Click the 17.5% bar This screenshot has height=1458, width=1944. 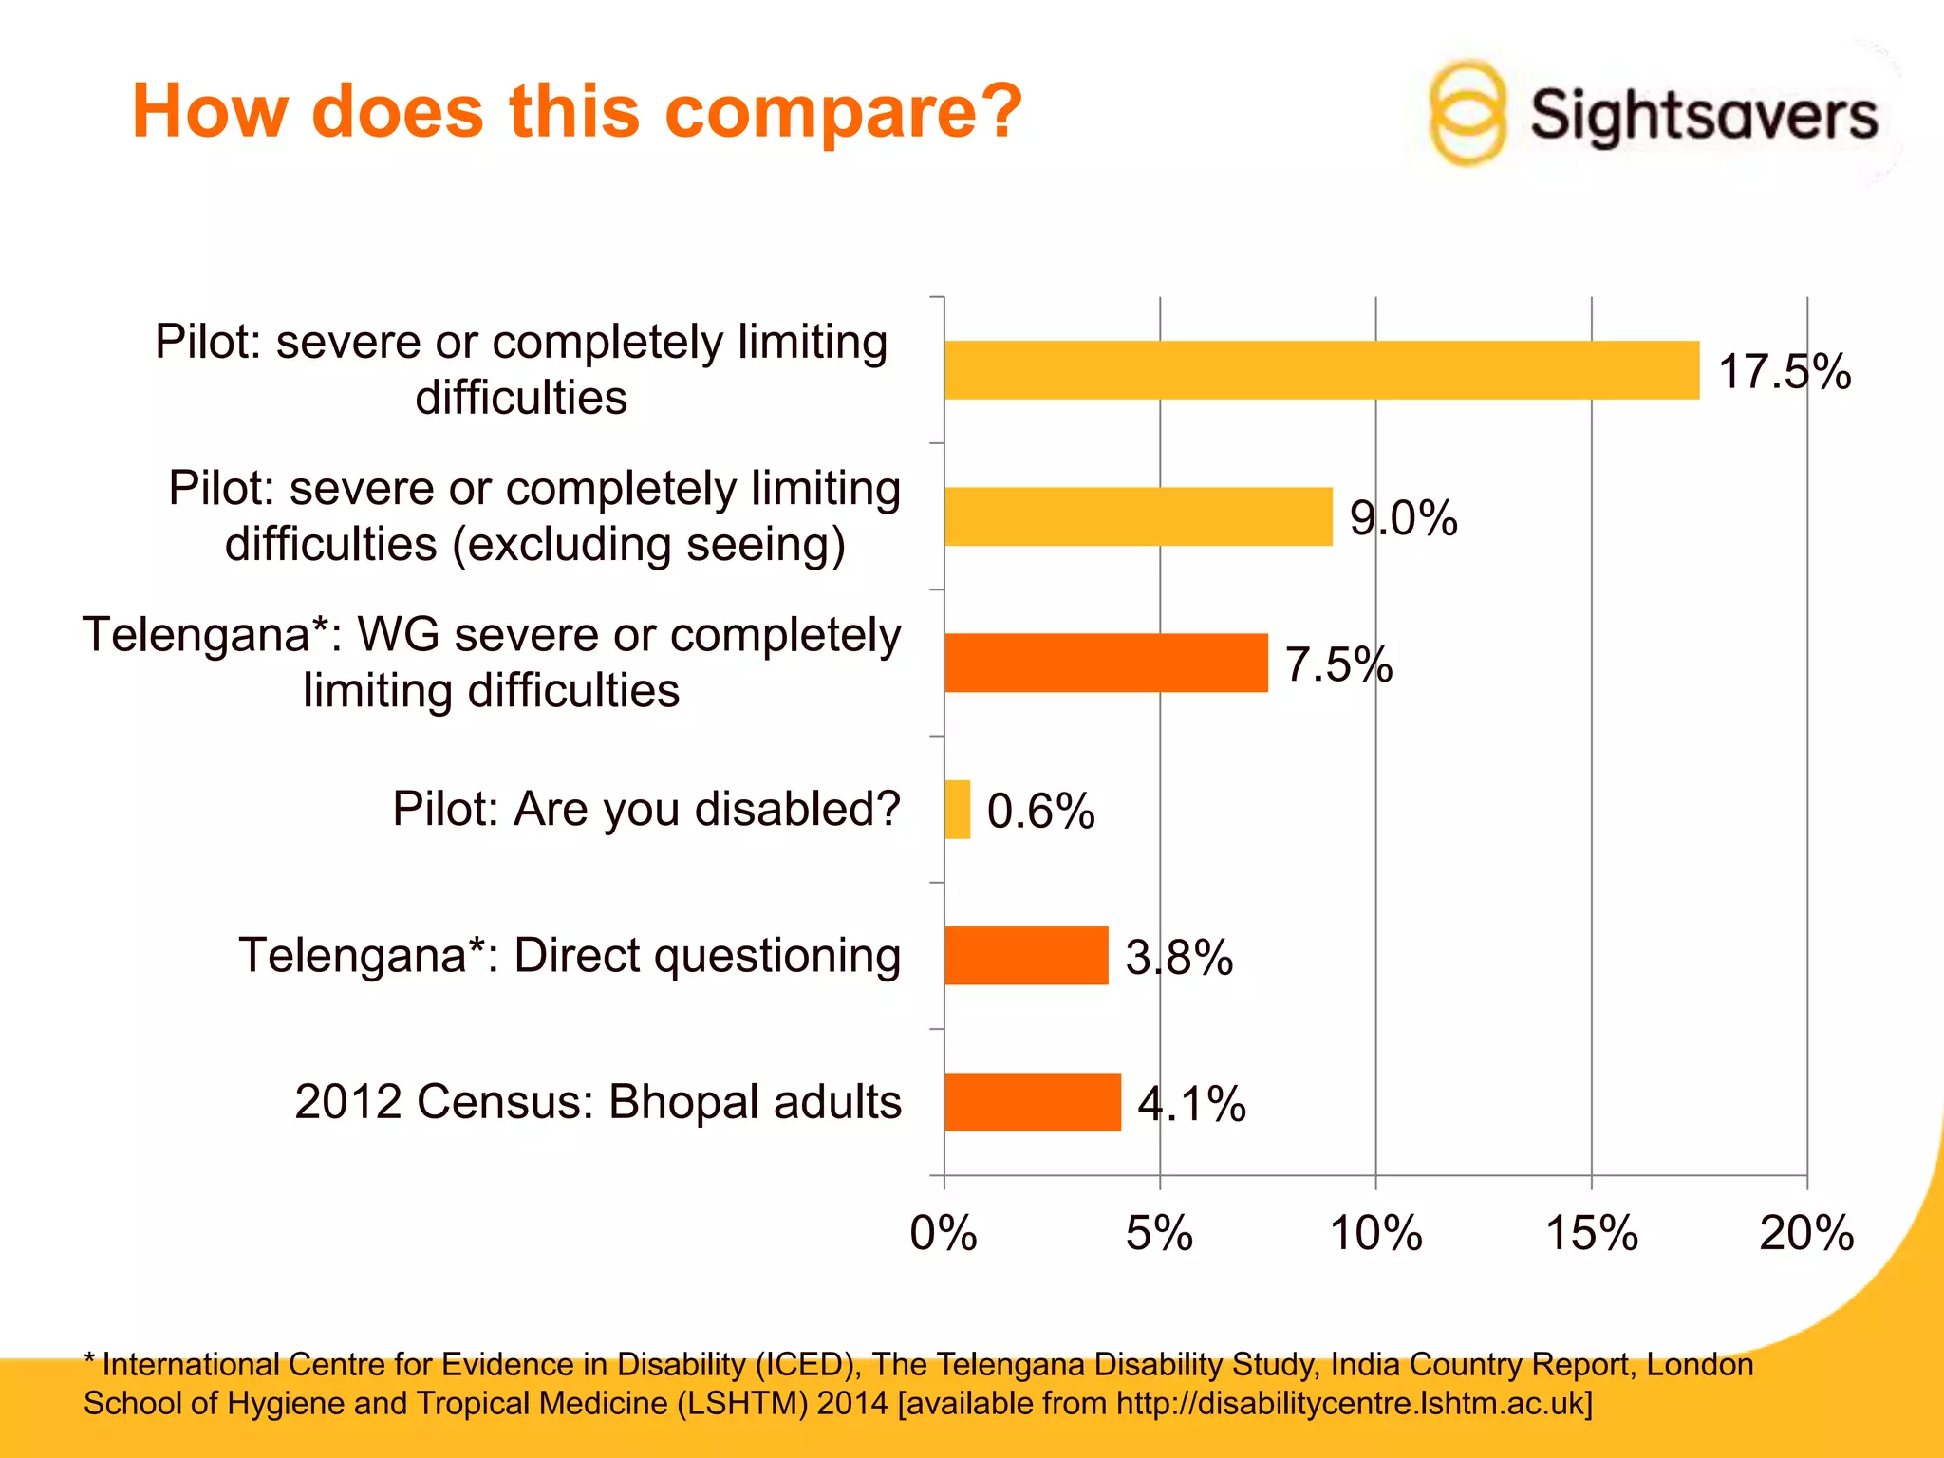coord(1321,370)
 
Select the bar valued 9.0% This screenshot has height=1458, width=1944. coord(1138,516)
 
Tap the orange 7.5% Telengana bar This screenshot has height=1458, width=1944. coord(1106,663)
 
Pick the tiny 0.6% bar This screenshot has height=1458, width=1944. coord(957,810)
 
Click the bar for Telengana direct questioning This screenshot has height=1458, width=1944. coord(1026,956)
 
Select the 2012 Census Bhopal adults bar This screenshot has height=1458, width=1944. coord(1033,1102)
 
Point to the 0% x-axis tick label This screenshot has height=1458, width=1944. coord(944,1233)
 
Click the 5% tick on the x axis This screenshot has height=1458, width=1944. coord(1159,1233)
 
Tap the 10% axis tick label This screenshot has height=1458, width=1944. coord(1375,1233)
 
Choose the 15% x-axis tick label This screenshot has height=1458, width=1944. coord(1592,1233)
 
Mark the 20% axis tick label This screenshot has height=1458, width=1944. coord(1806,1233)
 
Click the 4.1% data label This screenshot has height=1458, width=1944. coord(1191,1104)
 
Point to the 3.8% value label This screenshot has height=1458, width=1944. coord(1179,958)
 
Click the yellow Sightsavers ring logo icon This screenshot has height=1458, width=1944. coord(1467,114)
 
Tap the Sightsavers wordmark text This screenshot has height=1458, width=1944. coord(1704,116)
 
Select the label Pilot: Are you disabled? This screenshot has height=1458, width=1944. coord(645,810)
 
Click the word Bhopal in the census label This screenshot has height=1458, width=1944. coord(682,1102)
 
